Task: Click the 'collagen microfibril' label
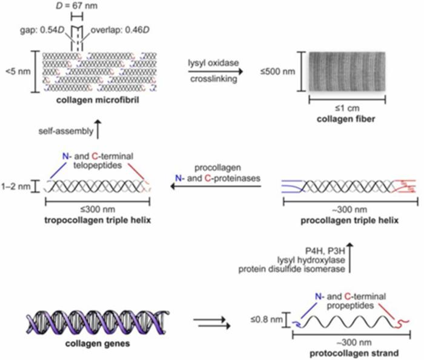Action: click(98, 100)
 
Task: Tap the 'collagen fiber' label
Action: click(346, 119)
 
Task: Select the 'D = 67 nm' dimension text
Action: click(76, 5)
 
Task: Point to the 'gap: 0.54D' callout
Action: click(42, 30)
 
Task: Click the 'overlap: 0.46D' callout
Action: click(120, 30)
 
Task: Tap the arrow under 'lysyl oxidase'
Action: click(216, 71)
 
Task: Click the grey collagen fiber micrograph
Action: click(347, 71)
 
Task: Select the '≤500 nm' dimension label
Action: click(277, 71)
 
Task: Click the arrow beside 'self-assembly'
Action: click(98, 129)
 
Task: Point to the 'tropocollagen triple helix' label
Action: click(98, 220)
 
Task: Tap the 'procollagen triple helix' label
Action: click(349, 220)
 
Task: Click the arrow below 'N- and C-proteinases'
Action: click(216, 186)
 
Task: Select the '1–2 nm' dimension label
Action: click(16, 186)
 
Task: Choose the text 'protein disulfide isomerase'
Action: click(291, 269)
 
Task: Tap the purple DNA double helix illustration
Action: click(98, 322)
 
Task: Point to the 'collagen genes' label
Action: click(98, 344)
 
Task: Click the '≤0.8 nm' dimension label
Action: click(267, 319)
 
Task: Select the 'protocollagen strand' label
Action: click(354, 353)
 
